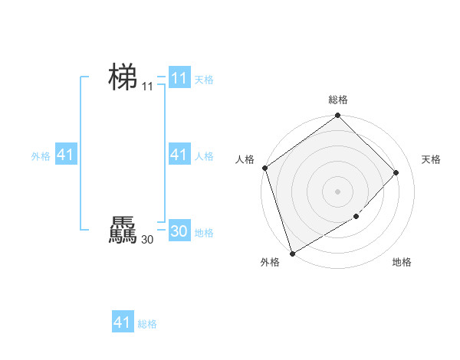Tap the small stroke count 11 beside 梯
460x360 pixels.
[x=147, y=87]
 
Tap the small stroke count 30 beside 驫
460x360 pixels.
[x=147, y=240]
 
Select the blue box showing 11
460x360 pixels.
[x=179, y=78]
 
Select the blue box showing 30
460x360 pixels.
[x=179, y=231]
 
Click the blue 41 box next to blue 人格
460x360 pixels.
[x=179, y=155]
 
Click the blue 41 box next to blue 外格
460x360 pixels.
[x=66, y=155]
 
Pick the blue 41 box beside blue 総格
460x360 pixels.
[x=123, y=322]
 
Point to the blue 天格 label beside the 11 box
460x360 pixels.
[x=204, y=80]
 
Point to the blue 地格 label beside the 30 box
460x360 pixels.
[x=204, y=233]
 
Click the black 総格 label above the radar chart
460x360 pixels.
[x=338, y=100]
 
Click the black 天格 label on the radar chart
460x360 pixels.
[x=432, y=159]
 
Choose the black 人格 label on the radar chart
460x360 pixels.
[x=245, y=159]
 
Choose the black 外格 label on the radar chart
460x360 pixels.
[x=270, y=262]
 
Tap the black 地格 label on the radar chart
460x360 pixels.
[x=402, y=262]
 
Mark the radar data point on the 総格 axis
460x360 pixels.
[x=338, y=116]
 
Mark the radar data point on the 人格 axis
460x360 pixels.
[x=264, y=168]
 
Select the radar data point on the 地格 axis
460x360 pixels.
[x=356, y=217]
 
